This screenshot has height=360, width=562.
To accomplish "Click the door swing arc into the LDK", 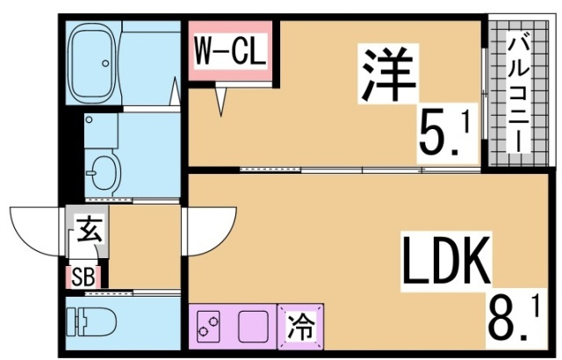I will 209,230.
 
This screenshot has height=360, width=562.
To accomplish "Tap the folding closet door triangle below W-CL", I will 221,101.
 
